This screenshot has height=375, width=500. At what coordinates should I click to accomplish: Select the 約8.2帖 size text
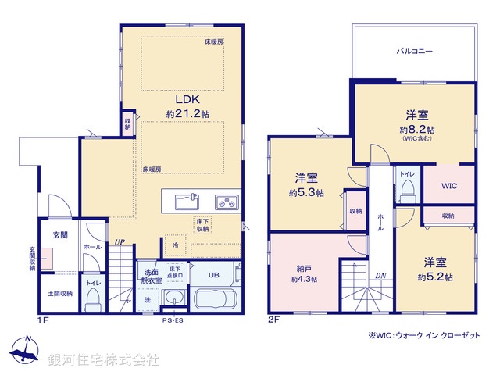point(417,129)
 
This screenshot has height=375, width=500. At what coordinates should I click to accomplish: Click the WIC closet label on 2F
point(448,186)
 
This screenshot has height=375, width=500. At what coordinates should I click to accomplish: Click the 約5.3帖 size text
point(305,193)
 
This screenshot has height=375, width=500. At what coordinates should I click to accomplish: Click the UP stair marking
point(120,243)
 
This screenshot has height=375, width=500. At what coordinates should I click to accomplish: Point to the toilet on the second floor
point(407,195)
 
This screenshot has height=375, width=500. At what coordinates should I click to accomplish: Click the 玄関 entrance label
point(61,234)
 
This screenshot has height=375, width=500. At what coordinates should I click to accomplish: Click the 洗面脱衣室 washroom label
point(152,275)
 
